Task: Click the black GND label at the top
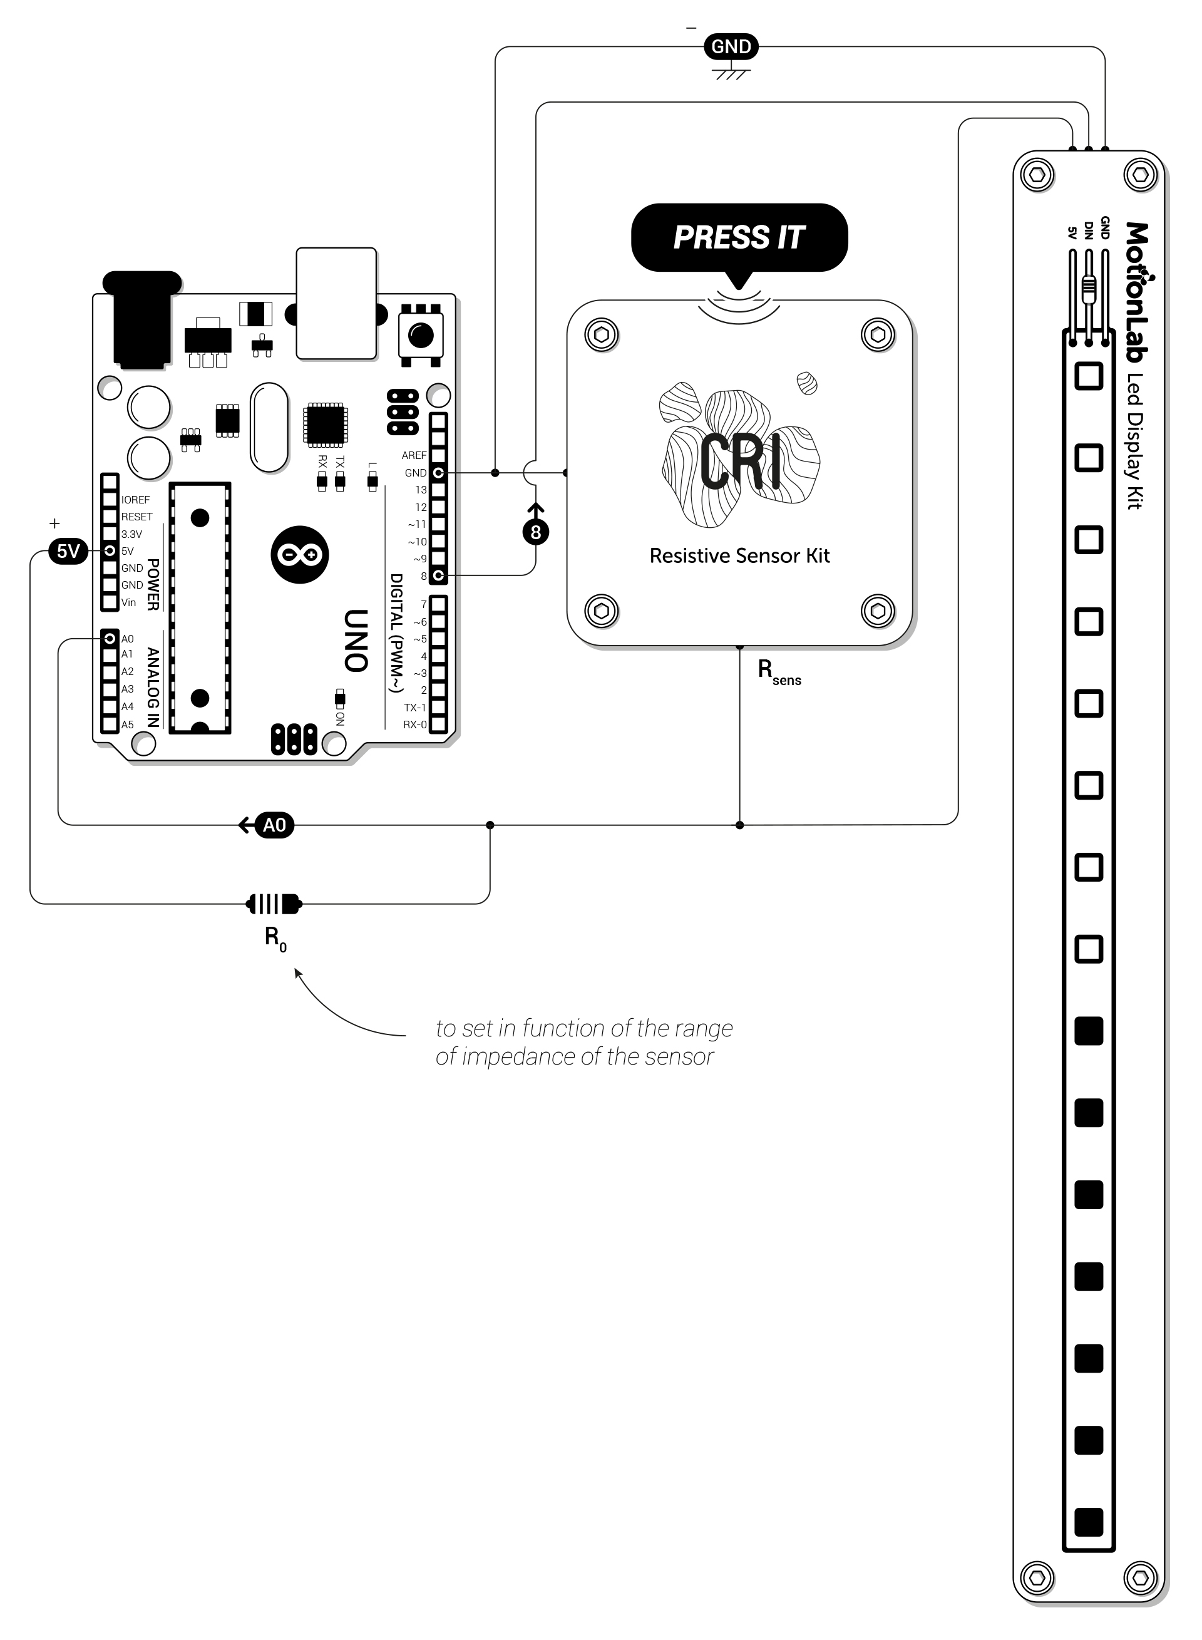click(x=731, y=46)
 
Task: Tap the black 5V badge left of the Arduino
click(x=68, y=551)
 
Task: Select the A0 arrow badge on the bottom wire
click(x=267, y=825)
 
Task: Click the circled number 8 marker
click(x=535, y=532)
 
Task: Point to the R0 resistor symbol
click(x=274, y=904)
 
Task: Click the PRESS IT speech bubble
click(x=739, y=238)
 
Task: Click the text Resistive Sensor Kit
click(x=739, y=556)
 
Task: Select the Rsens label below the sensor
click(x=779, y=673)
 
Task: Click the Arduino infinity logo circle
click(x=300, y=554)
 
